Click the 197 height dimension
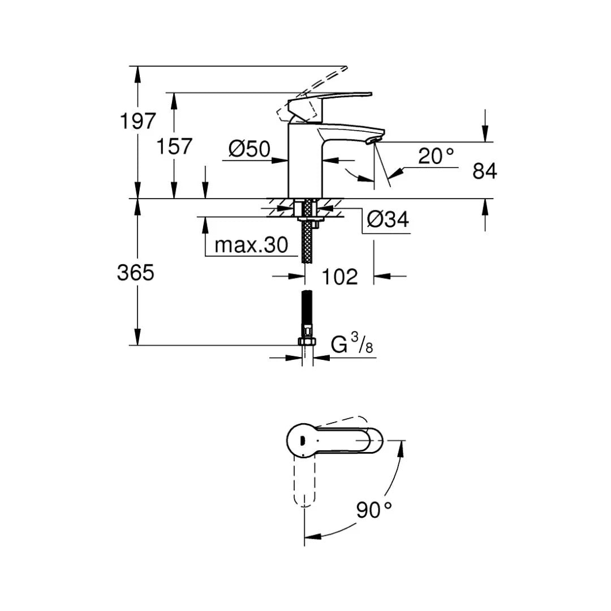point(137,121)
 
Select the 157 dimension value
point(174,147)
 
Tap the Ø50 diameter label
point(249,149)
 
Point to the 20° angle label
point(436,156)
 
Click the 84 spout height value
point(485,171)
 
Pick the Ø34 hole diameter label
point(388,220)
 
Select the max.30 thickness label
point(251,246)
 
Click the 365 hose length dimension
point(136,273)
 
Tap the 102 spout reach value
point(339,277)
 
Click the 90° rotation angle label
point(375,510)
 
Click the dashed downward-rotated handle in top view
point(304,481)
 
